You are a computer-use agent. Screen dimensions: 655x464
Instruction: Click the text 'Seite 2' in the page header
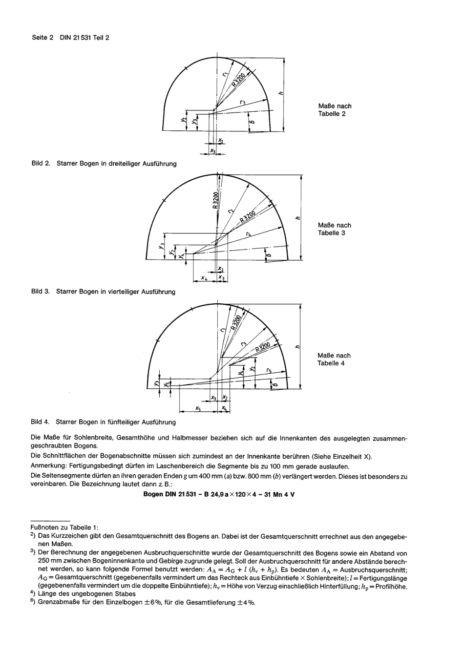[42, 37]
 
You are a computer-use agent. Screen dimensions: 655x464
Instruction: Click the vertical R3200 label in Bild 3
[215, 200]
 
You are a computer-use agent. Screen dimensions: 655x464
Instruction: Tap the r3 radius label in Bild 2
[242, 102]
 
